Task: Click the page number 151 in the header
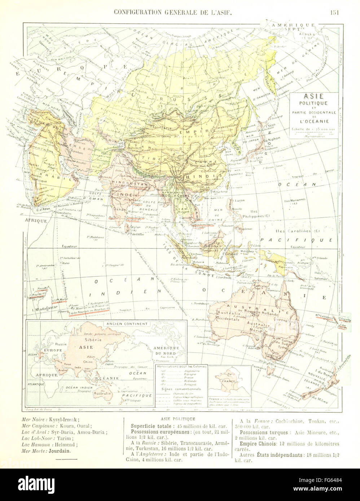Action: coord(335,12)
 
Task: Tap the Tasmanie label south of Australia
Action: coord(262,367)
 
